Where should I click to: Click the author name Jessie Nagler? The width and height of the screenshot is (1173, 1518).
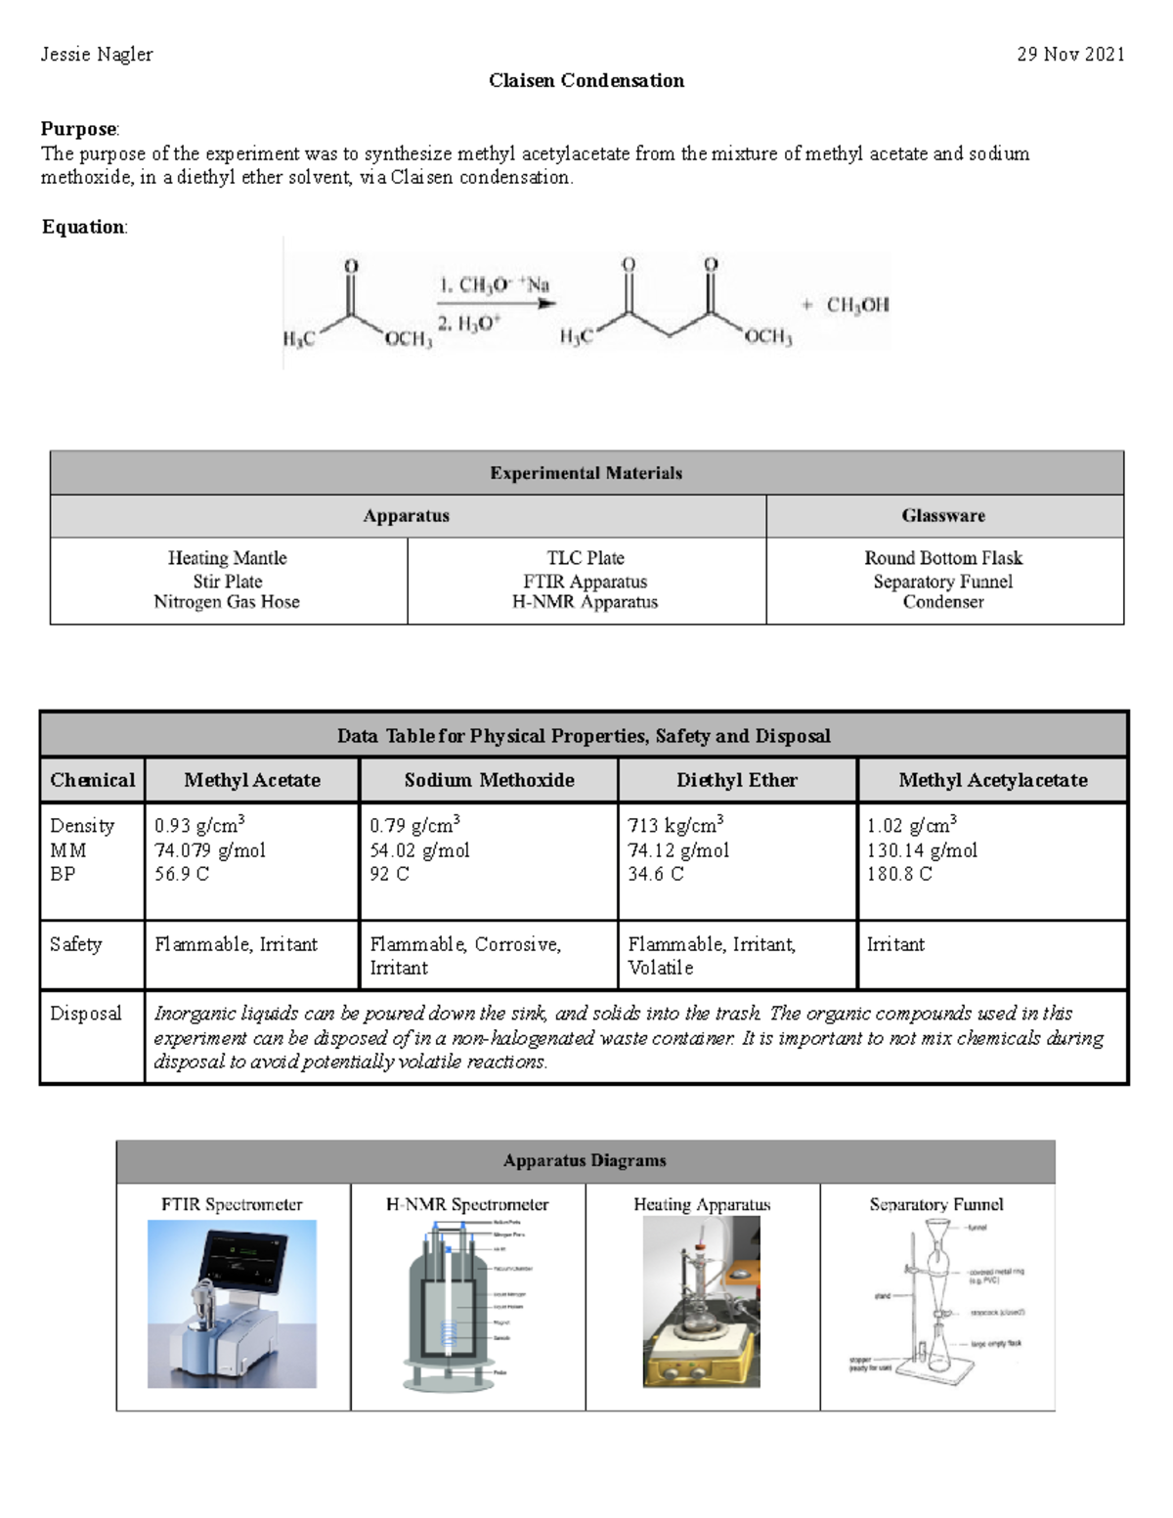[x=96, y=55]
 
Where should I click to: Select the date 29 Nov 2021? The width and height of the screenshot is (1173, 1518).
[x=1070, y=55]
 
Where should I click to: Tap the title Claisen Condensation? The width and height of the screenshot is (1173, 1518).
[x=586, y=81]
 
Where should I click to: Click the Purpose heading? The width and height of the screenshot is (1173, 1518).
[x=78, y=129]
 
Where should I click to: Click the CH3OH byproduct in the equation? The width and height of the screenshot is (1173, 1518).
[x=857, y=305]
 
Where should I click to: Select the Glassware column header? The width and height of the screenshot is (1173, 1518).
[x=943, y=516]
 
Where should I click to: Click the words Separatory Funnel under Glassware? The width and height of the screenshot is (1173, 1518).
[x=943, y=582]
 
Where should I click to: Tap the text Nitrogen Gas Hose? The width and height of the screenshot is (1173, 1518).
[x=227, y=602]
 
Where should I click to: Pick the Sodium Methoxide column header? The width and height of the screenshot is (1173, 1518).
[x=489, y=780]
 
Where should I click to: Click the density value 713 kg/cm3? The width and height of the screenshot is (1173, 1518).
[x=675, y=826]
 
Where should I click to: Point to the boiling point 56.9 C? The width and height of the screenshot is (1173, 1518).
[x=182, y=874]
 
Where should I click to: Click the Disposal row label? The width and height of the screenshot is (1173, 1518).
[x=86, y=1014]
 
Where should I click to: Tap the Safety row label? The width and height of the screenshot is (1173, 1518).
[x=76, y=944]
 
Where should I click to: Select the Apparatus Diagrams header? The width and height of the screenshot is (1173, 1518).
[x=585, y=1161]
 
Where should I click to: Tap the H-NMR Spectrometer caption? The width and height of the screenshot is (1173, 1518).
[x=467, y=1205]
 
